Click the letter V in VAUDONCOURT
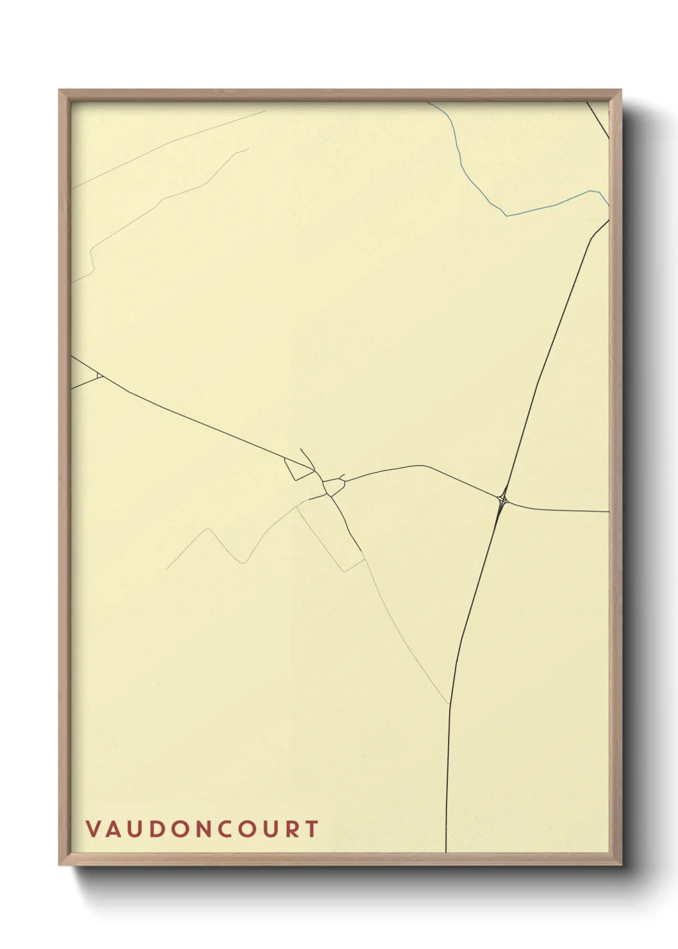coord(92,829)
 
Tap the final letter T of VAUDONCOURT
coord(312,829)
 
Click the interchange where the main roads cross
coord(503,498)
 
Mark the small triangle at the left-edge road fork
coord(99,375)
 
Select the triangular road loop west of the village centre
coord(299,470)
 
